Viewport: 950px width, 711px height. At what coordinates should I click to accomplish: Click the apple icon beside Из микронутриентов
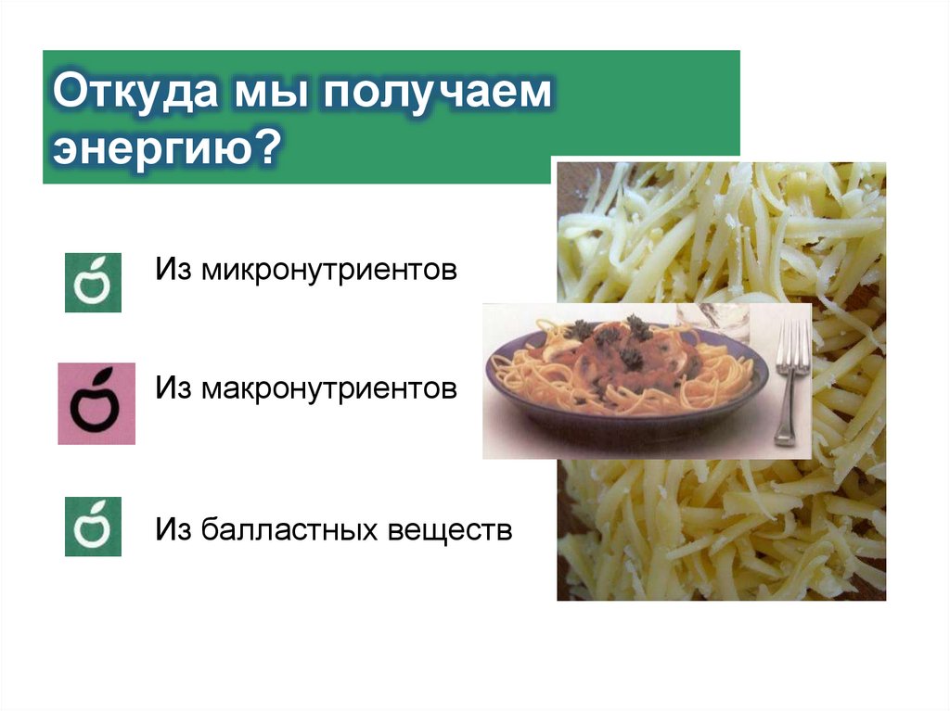click(93, 281)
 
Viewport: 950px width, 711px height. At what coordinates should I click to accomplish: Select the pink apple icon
click(96, 403)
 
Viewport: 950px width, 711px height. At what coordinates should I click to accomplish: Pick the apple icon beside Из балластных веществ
click(93, 526)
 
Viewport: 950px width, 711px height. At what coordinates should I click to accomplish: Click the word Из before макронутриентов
click(173, 388)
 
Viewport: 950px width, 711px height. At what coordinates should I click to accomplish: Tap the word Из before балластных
click(173, 531)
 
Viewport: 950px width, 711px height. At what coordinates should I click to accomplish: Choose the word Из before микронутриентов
click(173, 272)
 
